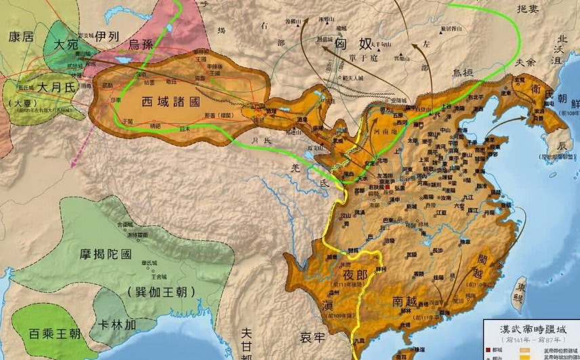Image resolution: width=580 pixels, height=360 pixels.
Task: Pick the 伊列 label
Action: pyautogui.click(x=106, y=35)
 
